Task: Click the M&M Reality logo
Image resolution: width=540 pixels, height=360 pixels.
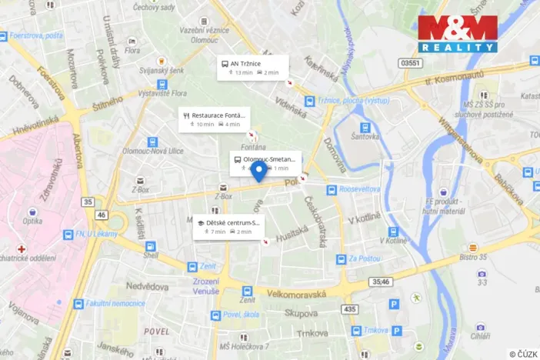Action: (x=458, y=33)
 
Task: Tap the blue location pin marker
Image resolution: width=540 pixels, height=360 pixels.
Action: (x=259, y=172)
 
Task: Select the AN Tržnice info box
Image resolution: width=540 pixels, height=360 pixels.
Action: (x=252, y=67)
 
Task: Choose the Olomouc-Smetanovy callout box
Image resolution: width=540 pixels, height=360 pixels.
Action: (x=265, y=163)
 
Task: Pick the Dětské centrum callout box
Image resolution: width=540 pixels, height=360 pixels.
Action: (x=228, y=227)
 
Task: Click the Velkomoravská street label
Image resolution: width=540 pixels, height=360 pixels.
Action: (x=297, y=294)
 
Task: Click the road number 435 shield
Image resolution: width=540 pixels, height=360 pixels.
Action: (x=351, y=308)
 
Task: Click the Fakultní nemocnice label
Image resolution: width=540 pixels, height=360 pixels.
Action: (x=113, y=303)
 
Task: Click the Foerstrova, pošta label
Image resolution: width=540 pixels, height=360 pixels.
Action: (x=37, y=35)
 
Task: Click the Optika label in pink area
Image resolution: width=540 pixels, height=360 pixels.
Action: (x=32, y=220)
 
